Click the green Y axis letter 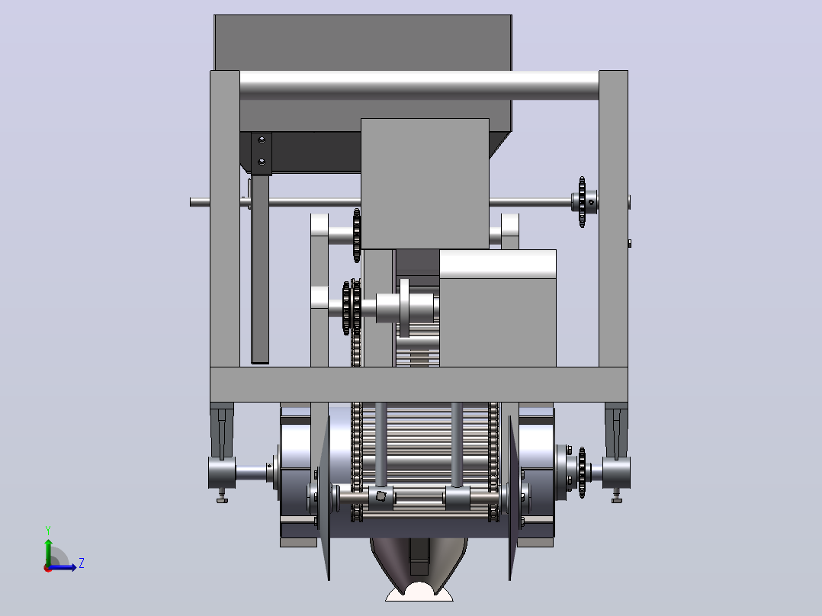point(48,530)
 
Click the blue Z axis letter point(82,563)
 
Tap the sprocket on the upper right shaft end point(582,202)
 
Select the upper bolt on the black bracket point(262,140)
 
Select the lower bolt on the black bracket point(262,162)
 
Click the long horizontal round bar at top point(419,85)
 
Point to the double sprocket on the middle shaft point(352,308)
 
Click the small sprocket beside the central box point(357,236)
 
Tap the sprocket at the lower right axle point(582,473)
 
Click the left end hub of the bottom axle point(222,473)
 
